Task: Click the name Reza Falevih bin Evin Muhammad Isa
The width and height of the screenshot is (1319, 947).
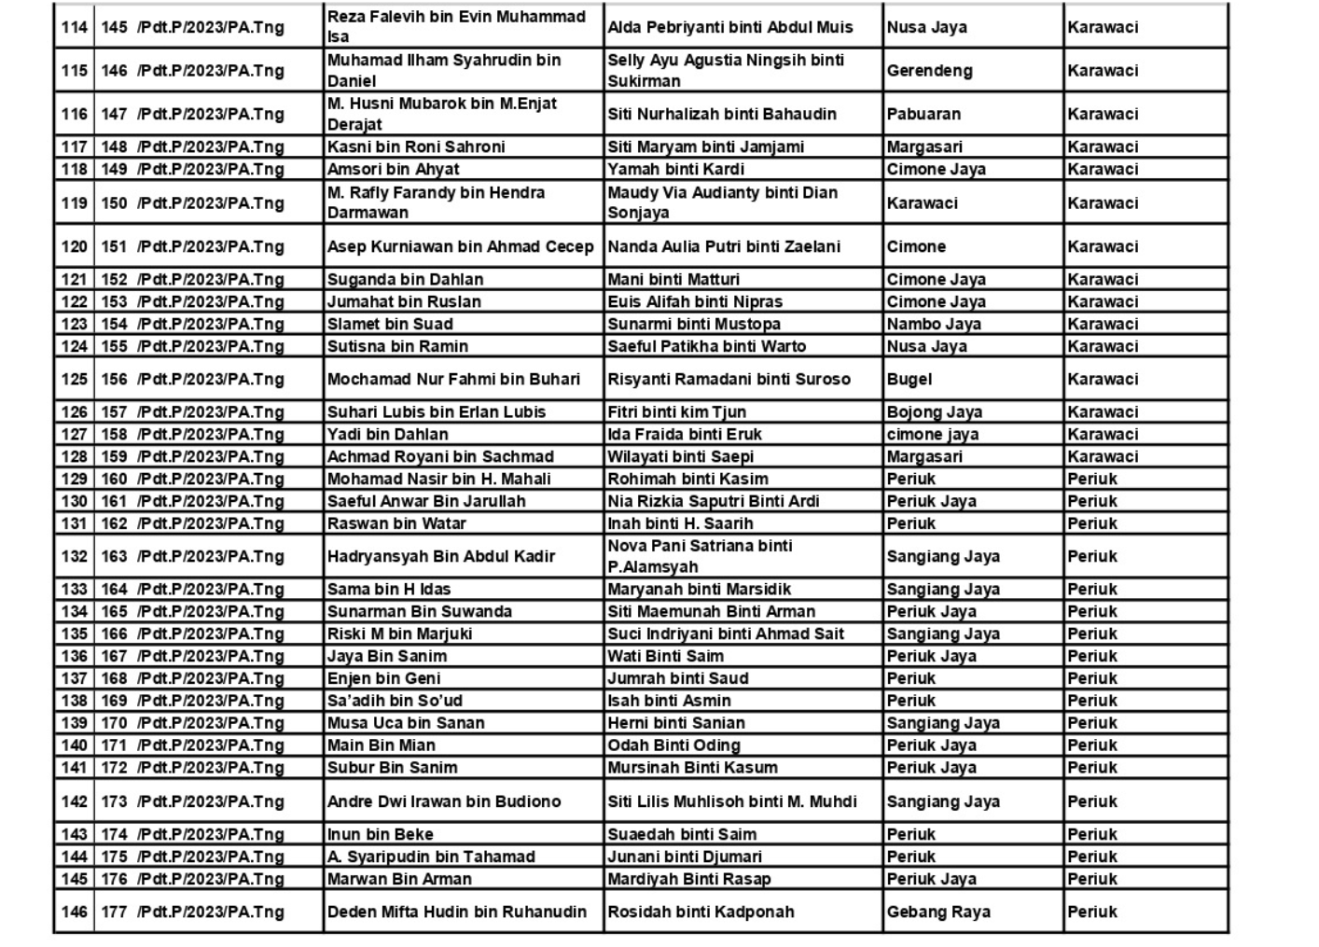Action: coord(456,26)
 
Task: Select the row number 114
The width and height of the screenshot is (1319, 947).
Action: coord(74,27)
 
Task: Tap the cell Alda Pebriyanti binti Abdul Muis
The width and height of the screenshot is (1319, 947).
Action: coord(730,27)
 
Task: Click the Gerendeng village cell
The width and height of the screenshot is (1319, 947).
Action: coord(929,70)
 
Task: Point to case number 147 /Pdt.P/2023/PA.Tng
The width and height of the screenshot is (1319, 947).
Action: coord(193,114)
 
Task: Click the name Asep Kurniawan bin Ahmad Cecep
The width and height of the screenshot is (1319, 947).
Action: coord(460,246)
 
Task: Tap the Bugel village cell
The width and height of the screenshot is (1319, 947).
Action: coord(909,379)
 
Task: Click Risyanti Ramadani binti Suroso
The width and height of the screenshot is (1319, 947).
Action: coord(729,379)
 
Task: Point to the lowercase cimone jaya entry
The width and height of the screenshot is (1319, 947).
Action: coord(933,434)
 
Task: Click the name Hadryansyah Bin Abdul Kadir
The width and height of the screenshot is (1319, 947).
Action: coord(440,556)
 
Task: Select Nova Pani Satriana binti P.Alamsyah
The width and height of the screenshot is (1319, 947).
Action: coord(700,556)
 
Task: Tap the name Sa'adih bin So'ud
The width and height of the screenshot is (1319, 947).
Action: coord(395,701)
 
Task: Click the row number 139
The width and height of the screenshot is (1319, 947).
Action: coord(74,723)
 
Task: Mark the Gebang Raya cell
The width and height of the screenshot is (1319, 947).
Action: coord(938,912)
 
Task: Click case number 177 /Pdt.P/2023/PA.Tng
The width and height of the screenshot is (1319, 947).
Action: coord(193,912)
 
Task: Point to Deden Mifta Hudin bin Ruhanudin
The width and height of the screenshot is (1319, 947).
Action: coord(457,912)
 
